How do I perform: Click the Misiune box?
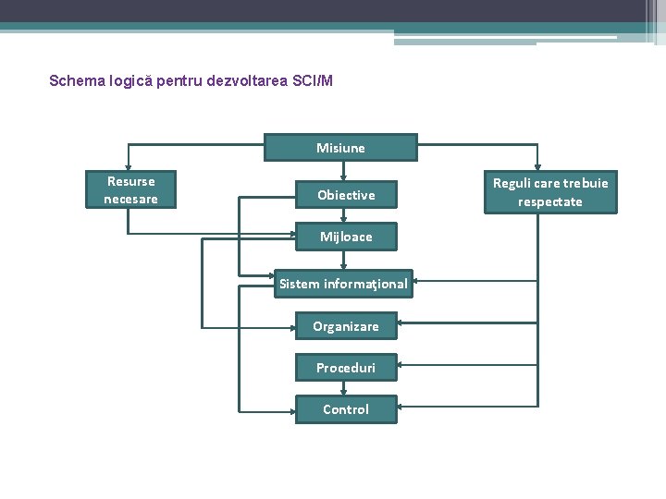(x=340, y=148)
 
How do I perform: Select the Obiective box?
(x=346, y=195)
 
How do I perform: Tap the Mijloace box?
(x=346, y=237)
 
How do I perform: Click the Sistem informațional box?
(x=343, y=284)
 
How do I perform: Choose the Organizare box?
(x=345, y=326)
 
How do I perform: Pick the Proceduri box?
(x=345, y=368)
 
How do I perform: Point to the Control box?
(x=345, y=409)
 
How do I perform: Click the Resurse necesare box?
(x=131, y=190)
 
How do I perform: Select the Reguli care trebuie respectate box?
(x=550, y=192)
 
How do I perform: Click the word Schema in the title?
(x=75, y=81)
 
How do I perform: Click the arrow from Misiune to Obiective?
(x=343, y=171)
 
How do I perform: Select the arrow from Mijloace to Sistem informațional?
(x=343, y=261)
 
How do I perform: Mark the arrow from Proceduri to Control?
(x=343, y=388)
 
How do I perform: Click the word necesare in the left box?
(x=131, y=199)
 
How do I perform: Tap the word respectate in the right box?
(x=550, y=201)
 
